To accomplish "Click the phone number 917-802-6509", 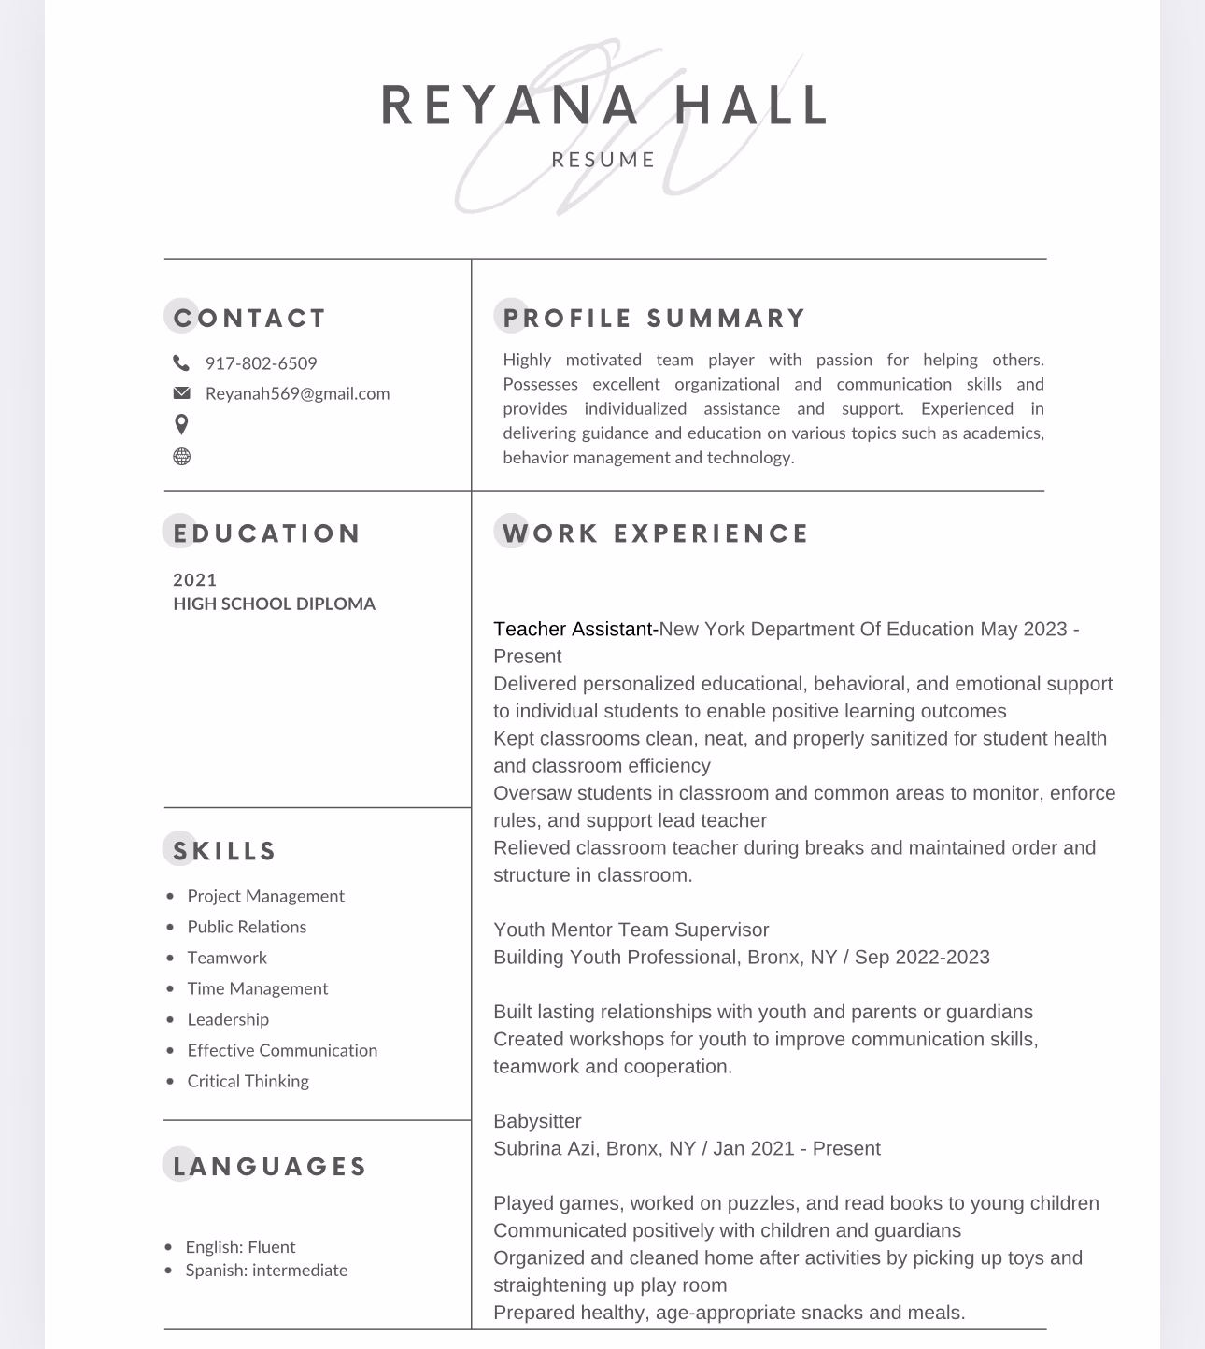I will coord(261,363).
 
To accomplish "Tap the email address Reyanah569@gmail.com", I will coord(297,393).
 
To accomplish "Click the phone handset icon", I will coord(181,363).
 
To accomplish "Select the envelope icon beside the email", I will coord(181,392).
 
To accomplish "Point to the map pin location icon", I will coord(181,424).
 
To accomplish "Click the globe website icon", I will coord(181,457).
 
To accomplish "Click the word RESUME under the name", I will coord(603,160).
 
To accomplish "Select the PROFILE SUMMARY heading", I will coord(654,319).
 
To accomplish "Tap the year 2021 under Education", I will coord(195,580).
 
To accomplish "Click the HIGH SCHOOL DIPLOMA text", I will coord(274,604).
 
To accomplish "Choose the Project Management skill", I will coord(265,896).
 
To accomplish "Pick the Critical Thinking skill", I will coord(248,1081).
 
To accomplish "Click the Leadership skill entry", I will coord(228,1019).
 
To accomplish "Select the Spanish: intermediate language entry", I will coord(266,1271).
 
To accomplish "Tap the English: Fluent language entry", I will coord(240,1247).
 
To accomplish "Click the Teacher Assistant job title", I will coord(573,630).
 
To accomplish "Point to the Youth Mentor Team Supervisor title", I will coord(631,930).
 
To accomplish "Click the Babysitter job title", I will coord(537,1121).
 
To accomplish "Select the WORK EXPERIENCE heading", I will coord(655,533).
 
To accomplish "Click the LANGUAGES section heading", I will coord(270,1167).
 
